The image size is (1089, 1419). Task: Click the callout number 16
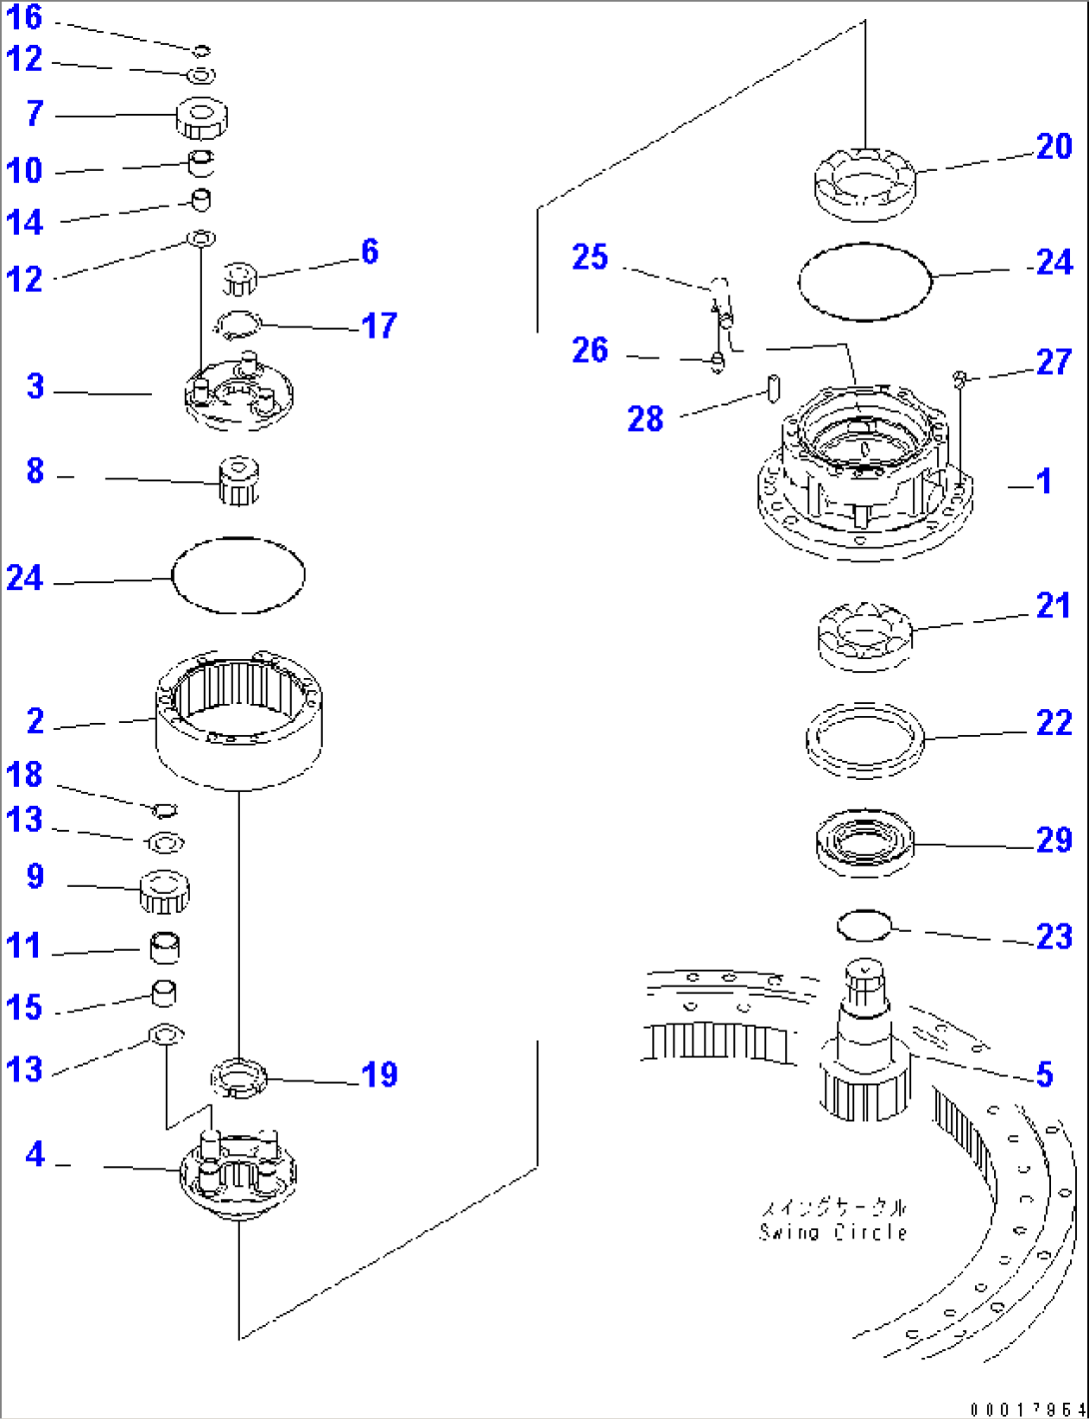tap(25, 17)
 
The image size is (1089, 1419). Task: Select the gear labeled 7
tap(201, 118)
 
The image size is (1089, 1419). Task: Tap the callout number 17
tap(379, 326)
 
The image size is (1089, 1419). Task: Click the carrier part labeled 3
tap(238, 394)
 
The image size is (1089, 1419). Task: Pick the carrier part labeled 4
tap(238, 1173)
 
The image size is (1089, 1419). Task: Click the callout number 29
tap(1053, 841)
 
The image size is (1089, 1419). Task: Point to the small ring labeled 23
tap(863, 925)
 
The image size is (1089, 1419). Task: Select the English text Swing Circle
tap(832, 1232)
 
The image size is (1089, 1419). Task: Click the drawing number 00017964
tap(1026, 1409)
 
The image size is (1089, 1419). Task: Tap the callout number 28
tap(645, 418)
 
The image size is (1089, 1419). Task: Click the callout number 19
tap(379, 1074)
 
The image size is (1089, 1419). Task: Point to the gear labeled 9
tap(164, 890)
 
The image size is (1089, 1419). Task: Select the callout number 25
tap(589, 258)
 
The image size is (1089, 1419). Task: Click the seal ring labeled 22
tap(865, 740)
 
